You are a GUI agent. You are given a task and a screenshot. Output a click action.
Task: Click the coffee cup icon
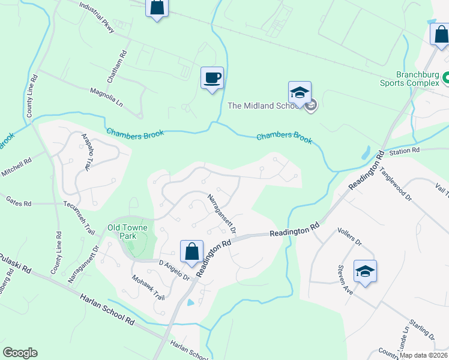pyautogui.click(x=212, y=78)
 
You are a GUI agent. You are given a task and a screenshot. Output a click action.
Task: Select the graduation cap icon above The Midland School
pyautogui.click(x=300, y=92)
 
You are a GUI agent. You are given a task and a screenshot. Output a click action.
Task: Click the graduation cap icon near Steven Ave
pyautogui.click(x=365, y=271)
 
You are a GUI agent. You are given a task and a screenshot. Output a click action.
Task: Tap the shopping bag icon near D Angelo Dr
pyautogui.click(x=191, y=251)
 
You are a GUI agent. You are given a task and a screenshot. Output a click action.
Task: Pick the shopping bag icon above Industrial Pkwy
pyautogui.click(x=157, y=7)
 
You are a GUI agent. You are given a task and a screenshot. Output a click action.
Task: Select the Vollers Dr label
pyautogui.click(x=349, y=238)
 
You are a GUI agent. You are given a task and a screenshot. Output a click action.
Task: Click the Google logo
pyautogui.click(x=20, y=352)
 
